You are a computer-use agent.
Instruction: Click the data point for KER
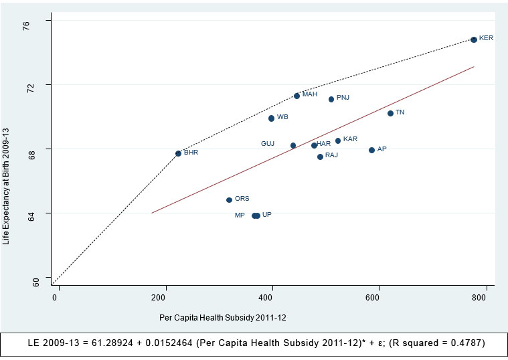point(473,39)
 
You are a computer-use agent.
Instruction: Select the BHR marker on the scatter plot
point(178,153)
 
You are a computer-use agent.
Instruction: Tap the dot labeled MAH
point(297,96)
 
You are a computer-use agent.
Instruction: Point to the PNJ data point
point(331,99)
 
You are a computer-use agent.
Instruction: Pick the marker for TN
point(390,113)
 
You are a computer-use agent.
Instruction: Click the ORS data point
point(229,199)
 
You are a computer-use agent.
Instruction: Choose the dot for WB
point(271,118)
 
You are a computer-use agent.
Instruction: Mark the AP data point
point(371,150)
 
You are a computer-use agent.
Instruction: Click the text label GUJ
point(268,144)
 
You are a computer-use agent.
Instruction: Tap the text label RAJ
point(331,155)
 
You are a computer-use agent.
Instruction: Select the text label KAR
point(350,139)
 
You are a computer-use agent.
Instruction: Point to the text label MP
point(240,215)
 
